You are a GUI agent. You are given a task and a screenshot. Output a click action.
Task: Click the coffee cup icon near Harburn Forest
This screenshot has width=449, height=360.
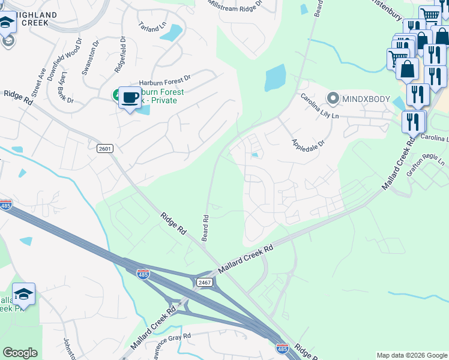(x=130, y=98)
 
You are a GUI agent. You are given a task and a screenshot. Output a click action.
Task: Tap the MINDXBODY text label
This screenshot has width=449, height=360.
(x=366, y=98)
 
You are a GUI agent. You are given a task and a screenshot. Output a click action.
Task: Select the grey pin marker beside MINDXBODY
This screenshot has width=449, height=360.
(x=333, y=98)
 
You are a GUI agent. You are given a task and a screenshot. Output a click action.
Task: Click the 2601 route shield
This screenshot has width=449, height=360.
(x=105, y=148)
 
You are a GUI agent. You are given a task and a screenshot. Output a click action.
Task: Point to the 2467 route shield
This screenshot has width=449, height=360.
(x=204, y=283)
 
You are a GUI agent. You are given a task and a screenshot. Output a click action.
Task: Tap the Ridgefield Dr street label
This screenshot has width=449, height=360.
(x=119, y=55)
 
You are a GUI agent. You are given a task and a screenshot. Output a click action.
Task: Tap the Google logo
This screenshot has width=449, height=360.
(x=20, y=353)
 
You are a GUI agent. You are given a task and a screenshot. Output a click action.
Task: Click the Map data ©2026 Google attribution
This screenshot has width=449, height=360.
(x=411, y=355)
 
